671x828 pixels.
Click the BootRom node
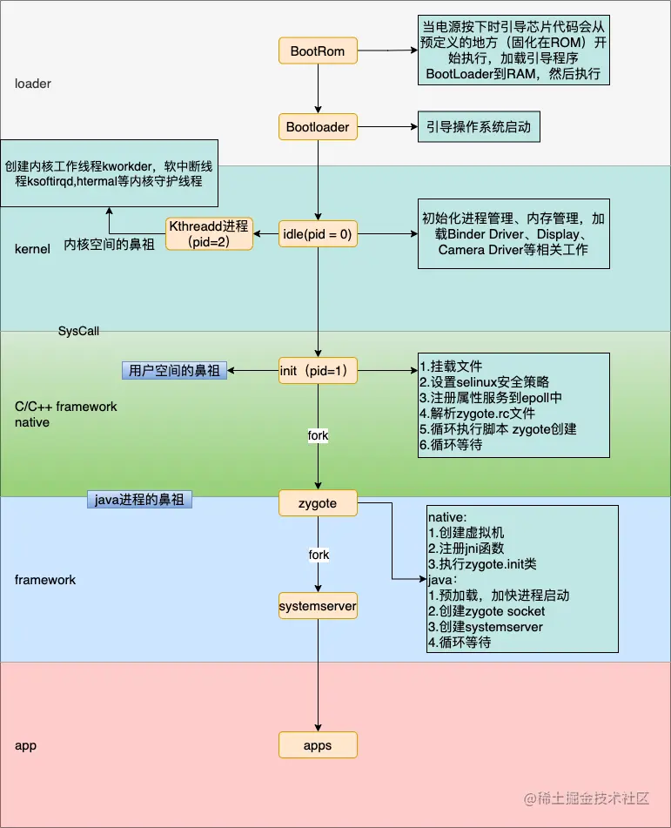[x=318, y=51]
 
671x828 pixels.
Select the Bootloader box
[x=318, y=127]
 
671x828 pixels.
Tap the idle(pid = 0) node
[x=318, y=233]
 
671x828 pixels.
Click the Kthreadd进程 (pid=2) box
[x=209, y=233]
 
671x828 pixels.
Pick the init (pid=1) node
[x=318, y=371]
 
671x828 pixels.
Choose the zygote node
[x=318, y=502]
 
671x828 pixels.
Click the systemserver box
[x=318, y=605]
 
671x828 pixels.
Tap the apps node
[x=318, y=745]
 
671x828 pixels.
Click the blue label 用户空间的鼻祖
[x=173, y=370]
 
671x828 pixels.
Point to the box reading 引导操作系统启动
[x=478, y=127]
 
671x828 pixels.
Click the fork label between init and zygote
[x=318, y=434]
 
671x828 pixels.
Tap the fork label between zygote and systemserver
[x=319, y=554]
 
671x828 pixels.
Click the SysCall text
[x=79, y=331]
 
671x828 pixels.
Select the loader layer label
[x=33, y=84]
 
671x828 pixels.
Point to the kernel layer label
[x=33, y=250]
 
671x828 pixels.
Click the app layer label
[x=25, y=746]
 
